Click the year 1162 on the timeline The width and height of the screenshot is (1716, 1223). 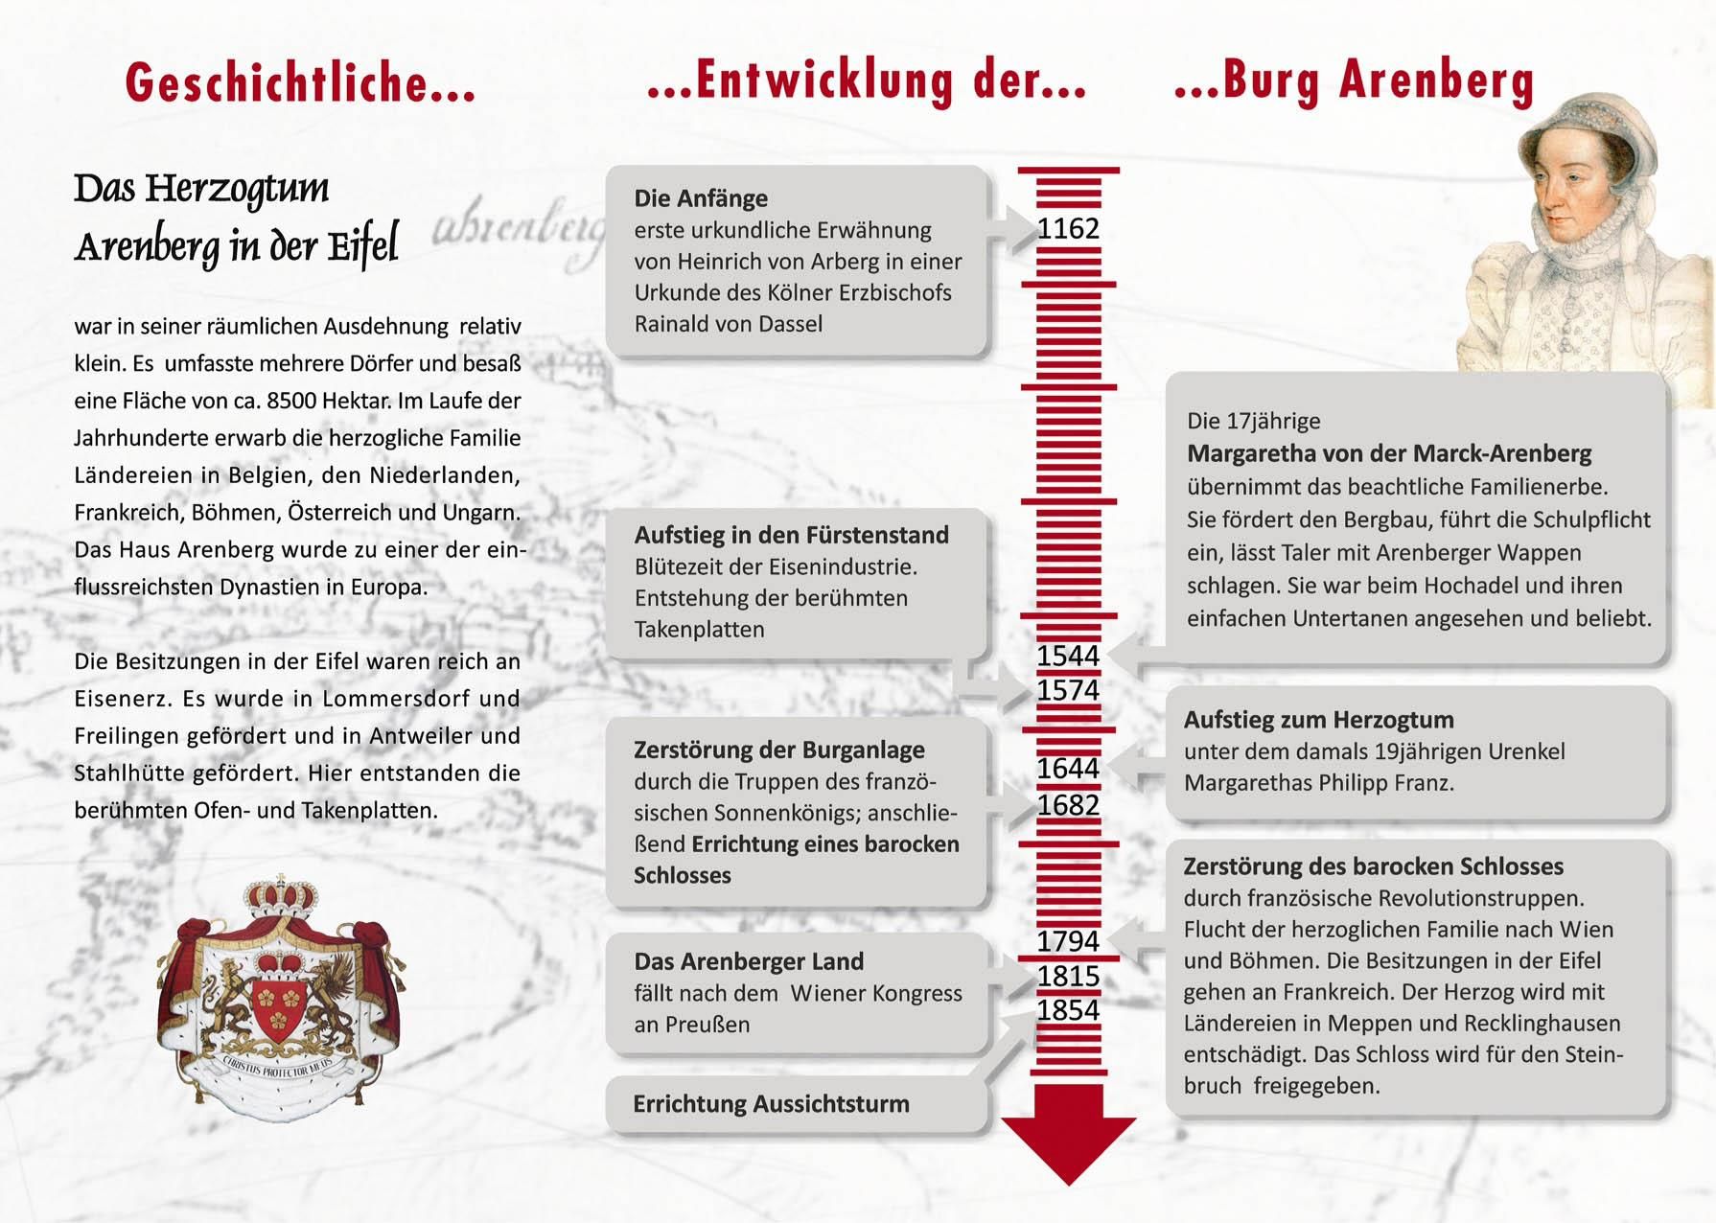[1068, 229]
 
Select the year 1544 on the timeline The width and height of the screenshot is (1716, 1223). [1068, 656]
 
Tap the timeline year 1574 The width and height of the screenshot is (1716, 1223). [1068, 690]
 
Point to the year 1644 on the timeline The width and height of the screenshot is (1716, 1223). [1068, 769]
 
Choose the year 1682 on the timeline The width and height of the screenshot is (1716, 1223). [1068, 805]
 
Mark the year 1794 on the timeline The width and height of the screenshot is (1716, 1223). [1068, 941]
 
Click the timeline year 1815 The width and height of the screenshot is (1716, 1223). [1068, 976]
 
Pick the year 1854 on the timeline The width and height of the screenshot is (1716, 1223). [1068, 1010]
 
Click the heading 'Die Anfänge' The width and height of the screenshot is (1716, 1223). [701, 198]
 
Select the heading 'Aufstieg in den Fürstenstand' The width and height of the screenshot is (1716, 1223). [791, 535]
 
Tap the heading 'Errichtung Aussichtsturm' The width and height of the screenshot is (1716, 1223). [771, 1104]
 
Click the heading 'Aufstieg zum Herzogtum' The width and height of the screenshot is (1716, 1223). [1318, 720]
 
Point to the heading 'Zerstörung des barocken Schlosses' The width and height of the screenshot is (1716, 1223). [1373, 866]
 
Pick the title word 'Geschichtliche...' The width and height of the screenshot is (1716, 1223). [300, 82]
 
